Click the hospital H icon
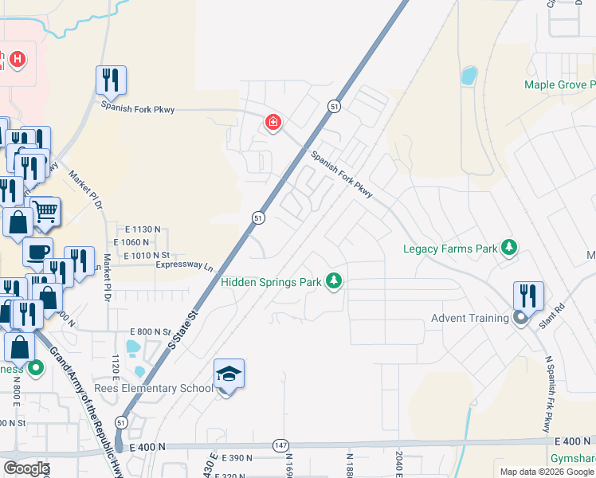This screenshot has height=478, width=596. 18,59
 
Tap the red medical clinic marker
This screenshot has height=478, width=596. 273,123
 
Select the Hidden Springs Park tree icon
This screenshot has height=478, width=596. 335,281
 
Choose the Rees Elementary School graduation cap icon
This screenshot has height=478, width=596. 229,373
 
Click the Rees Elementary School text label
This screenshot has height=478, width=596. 154,388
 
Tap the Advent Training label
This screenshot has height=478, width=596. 469,318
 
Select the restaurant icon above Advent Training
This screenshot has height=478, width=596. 528,295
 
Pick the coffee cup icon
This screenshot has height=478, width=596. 37,252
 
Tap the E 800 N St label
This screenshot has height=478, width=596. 151,331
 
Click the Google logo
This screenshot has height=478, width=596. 26,468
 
